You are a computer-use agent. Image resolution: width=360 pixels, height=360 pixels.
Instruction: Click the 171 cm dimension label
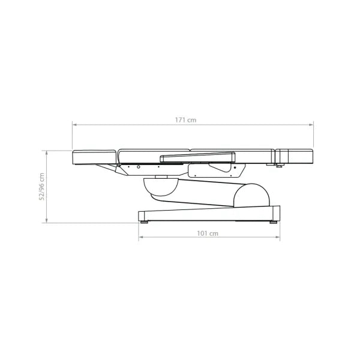click(x=186, y=120)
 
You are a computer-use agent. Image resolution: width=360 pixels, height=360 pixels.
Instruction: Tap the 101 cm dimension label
click(x=208, y=233)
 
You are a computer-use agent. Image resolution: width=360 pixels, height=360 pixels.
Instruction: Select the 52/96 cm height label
click(x=42, y=187)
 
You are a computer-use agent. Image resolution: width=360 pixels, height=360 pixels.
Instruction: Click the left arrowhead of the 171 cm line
click(x=74, y=125)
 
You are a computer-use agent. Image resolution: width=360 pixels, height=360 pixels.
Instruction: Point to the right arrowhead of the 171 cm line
click(x=311, y=125)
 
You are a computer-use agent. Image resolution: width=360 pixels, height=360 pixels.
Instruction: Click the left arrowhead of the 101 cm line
click(x=141, y=237)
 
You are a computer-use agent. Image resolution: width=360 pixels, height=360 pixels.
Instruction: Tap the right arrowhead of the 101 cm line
click(x=278, y=237)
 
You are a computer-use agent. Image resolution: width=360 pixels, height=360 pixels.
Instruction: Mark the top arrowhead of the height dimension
click(x=47, y=153)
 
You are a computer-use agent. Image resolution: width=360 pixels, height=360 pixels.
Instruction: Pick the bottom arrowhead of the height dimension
click(x=47, y=221)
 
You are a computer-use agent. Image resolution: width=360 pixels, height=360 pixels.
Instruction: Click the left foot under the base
click(x=144, y=222)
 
